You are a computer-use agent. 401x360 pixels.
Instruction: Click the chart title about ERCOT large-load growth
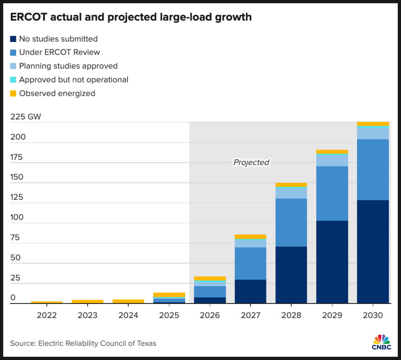click(x=131, y=17)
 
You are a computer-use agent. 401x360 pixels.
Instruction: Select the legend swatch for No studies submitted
click(x=13, y=39)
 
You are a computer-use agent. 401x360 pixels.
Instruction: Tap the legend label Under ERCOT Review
click(x=59, y=52)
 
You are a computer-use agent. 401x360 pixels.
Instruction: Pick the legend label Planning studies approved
click(x=68, y=66)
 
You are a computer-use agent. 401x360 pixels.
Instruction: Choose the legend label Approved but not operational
click(x=73, y=80)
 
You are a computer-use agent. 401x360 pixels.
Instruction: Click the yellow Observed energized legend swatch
click(x=13, y=93)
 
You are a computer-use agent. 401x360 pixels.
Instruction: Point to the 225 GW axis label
click(x=26, y=117)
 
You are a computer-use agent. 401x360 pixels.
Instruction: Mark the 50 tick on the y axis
click(x=15, y=257)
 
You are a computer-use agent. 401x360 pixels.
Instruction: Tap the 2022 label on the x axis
click(x=46, y=315)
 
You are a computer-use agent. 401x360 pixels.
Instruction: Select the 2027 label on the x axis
click(x=250, y=315)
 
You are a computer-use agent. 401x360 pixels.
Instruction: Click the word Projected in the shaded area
click(x=251, y=162)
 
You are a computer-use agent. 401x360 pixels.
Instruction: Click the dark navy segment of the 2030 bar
click(x=373, y=252)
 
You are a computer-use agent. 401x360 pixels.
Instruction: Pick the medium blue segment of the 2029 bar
click(x=332, y=193)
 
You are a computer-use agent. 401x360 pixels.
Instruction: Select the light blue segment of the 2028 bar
click(x=291, y=193)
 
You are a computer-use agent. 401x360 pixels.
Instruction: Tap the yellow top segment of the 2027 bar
click(x=250, y=237)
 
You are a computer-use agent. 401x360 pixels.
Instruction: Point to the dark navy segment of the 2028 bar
click(x=291, y=275)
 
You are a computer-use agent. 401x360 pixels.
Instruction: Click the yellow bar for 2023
click(x=87, y=301)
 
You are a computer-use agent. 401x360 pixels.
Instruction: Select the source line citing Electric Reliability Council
click(x=83, y=343)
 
